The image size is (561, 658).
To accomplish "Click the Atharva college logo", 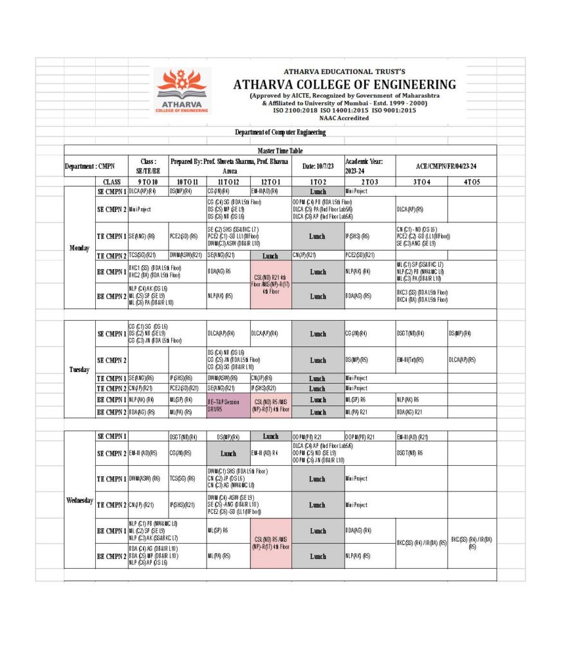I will pyautogui.click(x=182, y=91).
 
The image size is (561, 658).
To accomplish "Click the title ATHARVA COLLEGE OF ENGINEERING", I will pyautogui.click(x=344, y=85).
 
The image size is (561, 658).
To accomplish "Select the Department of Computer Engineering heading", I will pyautogui.click(x=280, y=132).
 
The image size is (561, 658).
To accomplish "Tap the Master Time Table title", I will pyautogui.click(x=280, y=150).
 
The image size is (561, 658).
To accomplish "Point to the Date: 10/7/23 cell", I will pyautogui.click(x=318, y=166).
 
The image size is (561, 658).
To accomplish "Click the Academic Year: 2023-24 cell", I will pyautogui.click(x=369, y=166).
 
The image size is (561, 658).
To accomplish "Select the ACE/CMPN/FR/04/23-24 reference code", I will pyautogui.click(x=446, y=166).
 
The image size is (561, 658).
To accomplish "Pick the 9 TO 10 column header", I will pyautogui.click(x=148, y=182).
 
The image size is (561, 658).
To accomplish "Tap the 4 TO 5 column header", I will pyautogui.click(x=472, y=182).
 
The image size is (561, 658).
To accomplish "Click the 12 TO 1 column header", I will pyautogui.click(x=270, y=182).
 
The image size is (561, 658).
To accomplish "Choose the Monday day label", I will pyautogui.click(x=79, y=247).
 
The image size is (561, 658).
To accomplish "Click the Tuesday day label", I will pyautogui.click(x=79, y=369).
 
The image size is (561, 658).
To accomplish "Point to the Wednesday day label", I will pyautogui.click(x=79, y=500).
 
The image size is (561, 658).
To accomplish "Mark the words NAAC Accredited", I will pyautogui.click(x=344, y=118).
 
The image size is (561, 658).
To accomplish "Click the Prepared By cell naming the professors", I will pyautogui.click(x=230, y=166).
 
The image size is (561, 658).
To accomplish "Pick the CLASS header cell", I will pyautogui.click(x=111, y=182).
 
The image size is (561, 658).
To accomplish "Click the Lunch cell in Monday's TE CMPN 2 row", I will pyautogui.click(x=270, y=256).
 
